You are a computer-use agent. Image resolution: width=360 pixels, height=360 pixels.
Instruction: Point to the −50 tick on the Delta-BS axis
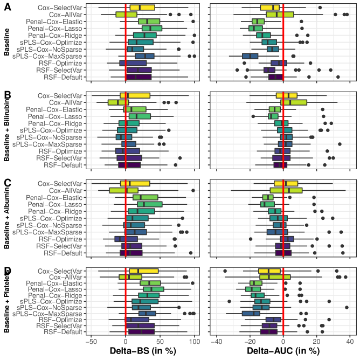coord(91,341)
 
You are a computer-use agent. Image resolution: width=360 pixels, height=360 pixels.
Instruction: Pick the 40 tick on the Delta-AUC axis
coord(350,341)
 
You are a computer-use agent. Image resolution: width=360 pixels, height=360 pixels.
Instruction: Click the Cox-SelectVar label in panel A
coord(60,8)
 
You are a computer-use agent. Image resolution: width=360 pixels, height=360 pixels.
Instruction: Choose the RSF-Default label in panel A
coord(64,77)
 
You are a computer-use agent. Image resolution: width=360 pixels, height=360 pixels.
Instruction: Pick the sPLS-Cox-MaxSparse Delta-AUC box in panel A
coord(250,56)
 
